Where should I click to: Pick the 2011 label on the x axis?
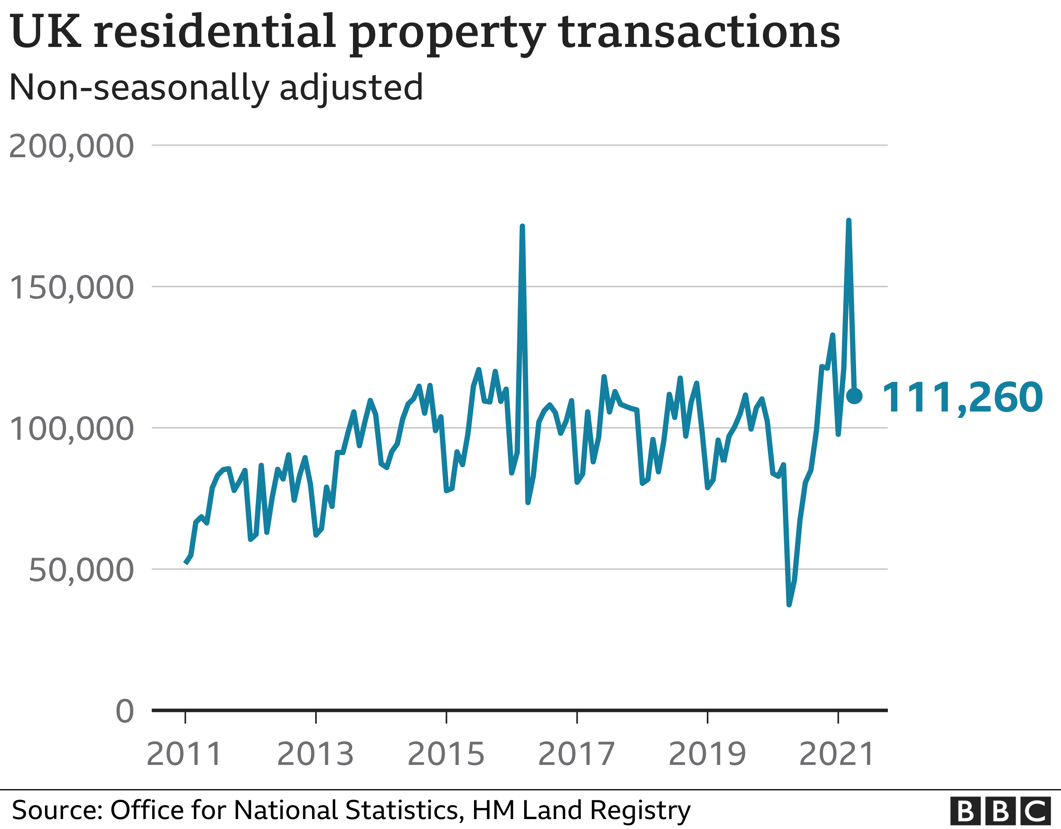(x=184, y=754)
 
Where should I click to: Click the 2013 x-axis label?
(x=315, y=754)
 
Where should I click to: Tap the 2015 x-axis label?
(x=446, y=754)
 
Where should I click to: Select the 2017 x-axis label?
(x=577, y=754)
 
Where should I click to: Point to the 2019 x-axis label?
(x=707, y=754)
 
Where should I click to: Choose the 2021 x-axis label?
(x=837, y=754)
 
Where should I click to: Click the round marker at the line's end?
(x=854, y=396)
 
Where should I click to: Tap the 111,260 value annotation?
(x=962, y=398)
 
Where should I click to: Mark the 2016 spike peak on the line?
(x=522, y=226)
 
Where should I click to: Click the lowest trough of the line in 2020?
(x=789, y=605)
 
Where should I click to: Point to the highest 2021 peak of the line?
(x=849, y=221)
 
